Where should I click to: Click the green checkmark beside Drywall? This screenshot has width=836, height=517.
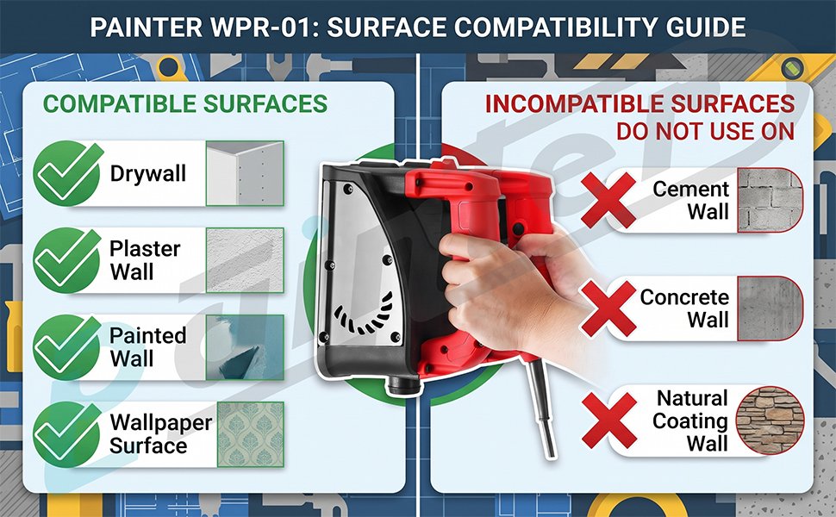(67, 173)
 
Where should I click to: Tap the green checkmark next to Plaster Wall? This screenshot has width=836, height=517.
(67, 260)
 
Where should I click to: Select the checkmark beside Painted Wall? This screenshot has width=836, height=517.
(67, 347)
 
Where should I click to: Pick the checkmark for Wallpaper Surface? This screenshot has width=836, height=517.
(67, 434)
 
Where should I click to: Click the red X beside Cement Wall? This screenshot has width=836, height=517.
(608, 200)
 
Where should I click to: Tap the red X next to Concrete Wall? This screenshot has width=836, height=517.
(608, 308)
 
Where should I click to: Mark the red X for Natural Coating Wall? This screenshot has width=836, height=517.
(609, 420)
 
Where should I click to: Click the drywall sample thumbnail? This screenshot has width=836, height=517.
(245, 173)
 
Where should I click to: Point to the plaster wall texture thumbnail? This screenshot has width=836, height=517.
(245, 260)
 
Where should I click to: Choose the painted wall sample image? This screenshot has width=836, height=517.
(245, 347)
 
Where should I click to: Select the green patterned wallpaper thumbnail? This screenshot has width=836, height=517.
(251, 434)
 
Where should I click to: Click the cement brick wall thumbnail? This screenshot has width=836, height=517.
(770, 200)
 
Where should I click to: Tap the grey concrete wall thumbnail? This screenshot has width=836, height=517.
(770, 308)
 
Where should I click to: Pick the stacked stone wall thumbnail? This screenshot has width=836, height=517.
(770, 420)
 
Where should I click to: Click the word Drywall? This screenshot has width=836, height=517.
(148, 174)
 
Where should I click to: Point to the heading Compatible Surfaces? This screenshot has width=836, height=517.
(185, 104)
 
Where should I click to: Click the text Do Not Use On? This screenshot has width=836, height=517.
(705, 131)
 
